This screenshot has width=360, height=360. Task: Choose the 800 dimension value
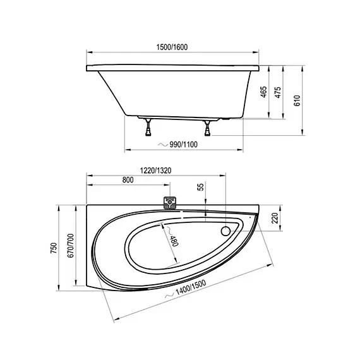[128, 180]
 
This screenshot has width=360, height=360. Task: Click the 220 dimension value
[275, 218]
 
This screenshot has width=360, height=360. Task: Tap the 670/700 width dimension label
[71, 248]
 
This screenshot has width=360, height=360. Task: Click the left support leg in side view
[149, 128]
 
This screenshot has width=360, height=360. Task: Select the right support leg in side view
[207, 128]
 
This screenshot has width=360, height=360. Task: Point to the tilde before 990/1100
[162, 145]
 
